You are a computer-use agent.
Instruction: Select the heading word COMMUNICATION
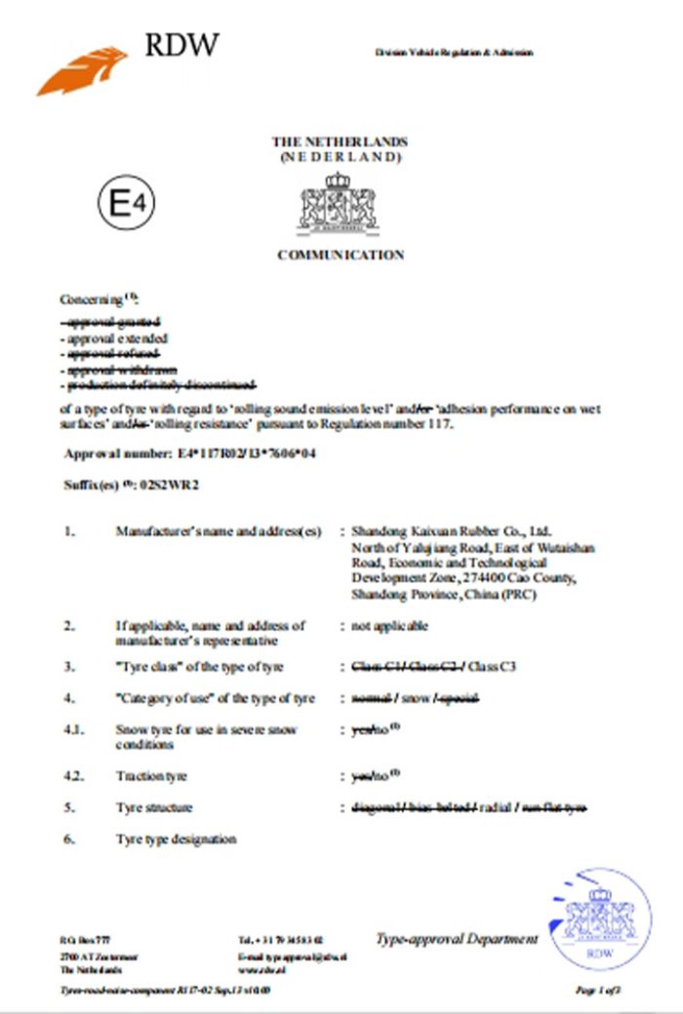(341, 255)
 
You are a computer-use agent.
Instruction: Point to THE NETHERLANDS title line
(340, 142)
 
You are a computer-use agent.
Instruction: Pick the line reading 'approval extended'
(113, 338)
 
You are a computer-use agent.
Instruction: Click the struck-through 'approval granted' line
(112, 322)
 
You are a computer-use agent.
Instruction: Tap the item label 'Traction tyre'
(151, 776)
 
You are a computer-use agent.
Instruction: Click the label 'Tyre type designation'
(176, 838)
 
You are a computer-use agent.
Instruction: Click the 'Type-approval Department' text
(456, 939)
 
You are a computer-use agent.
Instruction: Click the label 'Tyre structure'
(153, 807)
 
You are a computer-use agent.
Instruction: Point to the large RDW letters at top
(181, 45)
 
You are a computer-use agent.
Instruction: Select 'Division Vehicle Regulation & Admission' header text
(454, 52)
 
